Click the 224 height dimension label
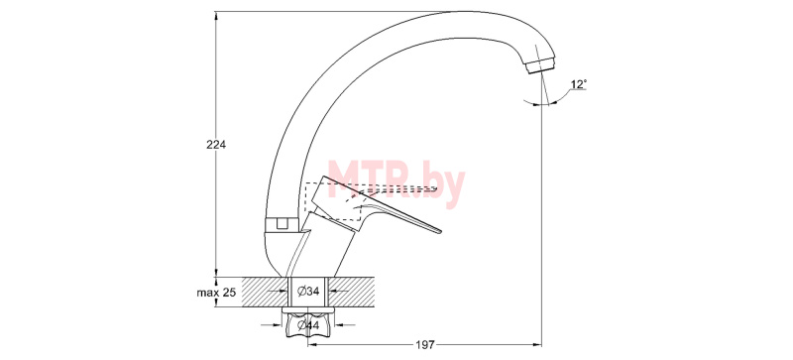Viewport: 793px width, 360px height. pyautogui.click(x=216, y=145)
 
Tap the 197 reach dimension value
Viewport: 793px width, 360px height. pyautogui.click(x=425, y=345)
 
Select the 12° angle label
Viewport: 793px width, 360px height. pyautogui.click(x=579, y=84)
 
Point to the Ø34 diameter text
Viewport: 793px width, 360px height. pyautogui.click(x=308, y=292)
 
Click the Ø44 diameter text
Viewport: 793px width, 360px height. pyautogui.click(x=308, y=325)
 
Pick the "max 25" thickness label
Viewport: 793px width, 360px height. pyautogui.click(x=216, y=293)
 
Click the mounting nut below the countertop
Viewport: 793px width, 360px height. pyautogui.click(x=309, y=326)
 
